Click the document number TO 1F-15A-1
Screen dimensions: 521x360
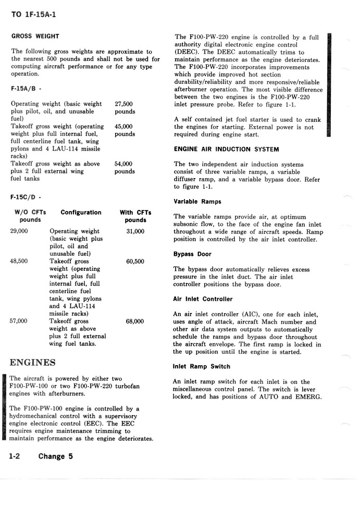coord(33,14)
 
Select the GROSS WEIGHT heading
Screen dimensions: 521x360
coord(35,36)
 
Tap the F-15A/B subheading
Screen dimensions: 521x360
coord(26,89)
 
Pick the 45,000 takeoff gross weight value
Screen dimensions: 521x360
coord(124,127)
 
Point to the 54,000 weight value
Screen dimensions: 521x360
coord(124,164)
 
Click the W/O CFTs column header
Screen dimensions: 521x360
coord(30,213)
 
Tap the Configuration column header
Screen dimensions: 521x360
coord(81,213)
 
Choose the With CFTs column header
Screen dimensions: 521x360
coord(135,213)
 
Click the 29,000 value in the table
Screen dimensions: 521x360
coord(19,231)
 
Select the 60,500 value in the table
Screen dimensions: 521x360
coord(135,262)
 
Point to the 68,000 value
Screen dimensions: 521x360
coord(135,321)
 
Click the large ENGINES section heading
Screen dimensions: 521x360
coord(33,362)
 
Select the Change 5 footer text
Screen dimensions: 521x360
coord(55,456)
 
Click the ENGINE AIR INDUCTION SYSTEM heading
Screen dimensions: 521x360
coord(226,150)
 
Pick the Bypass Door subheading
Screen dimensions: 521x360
coord(192,254)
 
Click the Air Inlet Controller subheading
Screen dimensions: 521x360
coord(203,300)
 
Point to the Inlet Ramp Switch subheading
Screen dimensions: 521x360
coord(201,367)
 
